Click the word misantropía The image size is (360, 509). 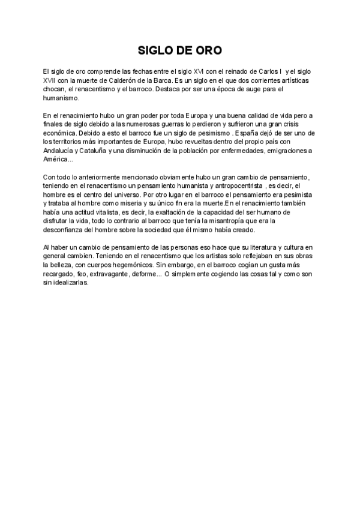(x=220, y=221)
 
